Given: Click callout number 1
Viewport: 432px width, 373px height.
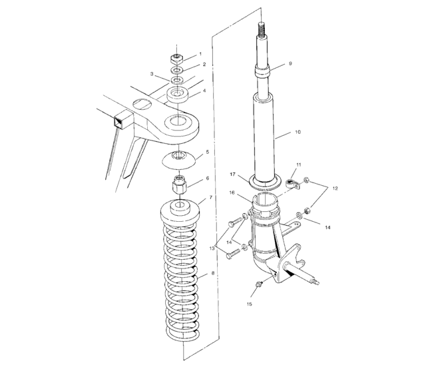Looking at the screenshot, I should (199, 54).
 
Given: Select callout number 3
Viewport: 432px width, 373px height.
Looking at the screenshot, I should (152, 74).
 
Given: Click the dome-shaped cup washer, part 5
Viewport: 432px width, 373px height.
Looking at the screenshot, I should (177, 158).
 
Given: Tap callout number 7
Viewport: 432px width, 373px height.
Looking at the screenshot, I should (211, 198).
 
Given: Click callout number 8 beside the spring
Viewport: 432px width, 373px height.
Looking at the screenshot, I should (212, 273).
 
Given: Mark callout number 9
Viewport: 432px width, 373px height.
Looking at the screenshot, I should (290, 65).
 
